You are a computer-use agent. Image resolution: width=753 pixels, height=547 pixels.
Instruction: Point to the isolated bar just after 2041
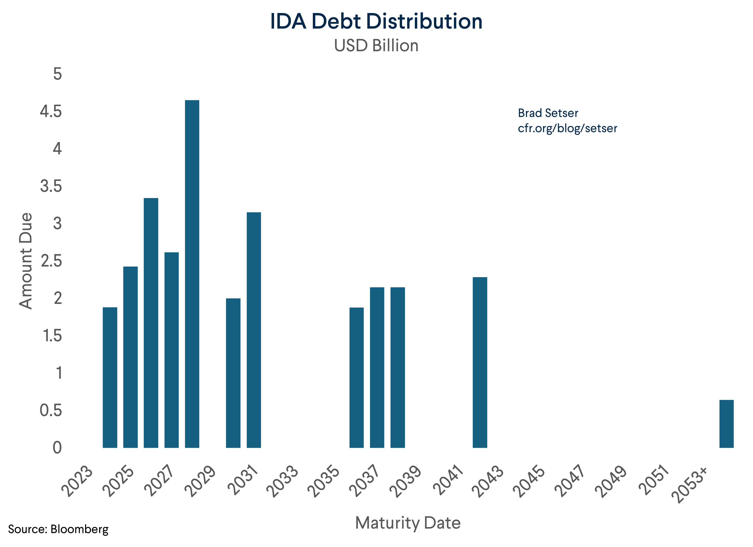click(x=480, y=362)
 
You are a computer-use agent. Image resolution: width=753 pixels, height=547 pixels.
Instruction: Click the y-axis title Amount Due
click(x=26, y=261)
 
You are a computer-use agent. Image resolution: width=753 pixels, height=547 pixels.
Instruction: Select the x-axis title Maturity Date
click(x=408, y=523)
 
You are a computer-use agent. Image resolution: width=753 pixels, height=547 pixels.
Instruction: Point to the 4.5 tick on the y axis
click(x=51, y=111)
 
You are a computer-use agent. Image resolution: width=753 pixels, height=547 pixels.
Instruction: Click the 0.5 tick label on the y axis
click(x=51, y=410)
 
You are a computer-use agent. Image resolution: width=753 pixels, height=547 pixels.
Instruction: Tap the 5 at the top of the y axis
click(x=57, y=74)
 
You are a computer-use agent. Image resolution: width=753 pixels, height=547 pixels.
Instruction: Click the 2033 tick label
click(x=282, y=481)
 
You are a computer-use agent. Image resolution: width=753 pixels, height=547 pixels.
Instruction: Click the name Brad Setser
click(x=548, y=113)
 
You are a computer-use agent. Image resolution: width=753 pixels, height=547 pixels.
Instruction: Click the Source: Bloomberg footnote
click(x=58, y=529)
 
